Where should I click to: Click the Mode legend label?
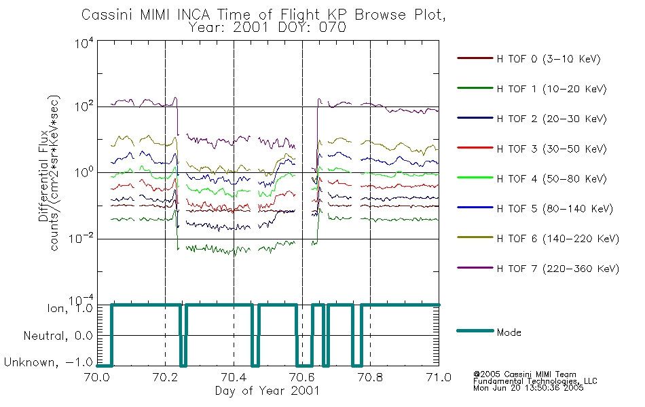(509, 332)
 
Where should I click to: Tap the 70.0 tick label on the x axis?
(97, 377)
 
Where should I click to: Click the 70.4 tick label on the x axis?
(234, 377)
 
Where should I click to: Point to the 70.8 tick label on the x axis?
(370, 377)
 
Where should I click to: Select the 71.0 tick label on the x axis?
(439, 377)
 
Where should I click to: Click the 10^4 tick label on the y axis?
(84, 43)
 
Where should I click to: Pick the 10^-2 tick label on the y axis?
(81, 239)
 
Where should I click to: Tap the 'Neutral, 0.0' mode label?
(58, 336)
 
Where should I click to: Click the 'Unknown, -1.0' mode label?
(48, 362)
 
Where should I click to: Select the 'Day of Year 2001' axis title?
(268, 390)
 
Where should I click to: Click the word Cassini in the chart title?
(108, 15)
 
